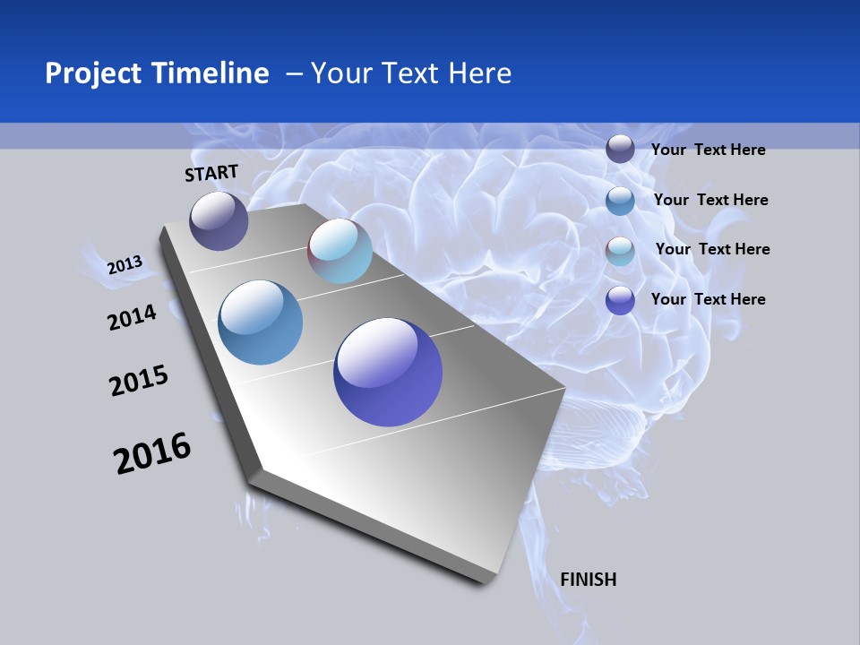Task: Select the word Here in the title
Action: (x=479, y=73)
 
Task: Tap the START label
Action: (x=211, y=173)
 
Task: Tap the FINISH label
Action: (x=589, y=580)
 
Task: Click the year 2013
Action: (x=125, y=265)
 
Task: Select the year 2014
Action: (x=133, y=317)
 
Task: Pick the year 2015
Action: (x=139, y=381)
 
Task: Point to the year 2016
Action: (x=152, y=453)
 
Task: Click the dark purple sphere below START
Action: (x=219, y=221)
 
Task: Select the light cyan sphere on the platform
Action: (x=340, y=252)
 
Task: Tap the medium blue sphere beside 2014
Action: (x=260, y=322)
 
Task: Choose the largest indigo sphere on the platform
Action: (x=388, y=372)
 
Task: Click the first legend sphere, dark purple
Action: (x=620, y=150)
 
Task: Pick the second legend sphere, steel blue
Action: (x=620, y=201)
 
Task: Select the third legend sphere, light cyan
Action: (x=620, y=251)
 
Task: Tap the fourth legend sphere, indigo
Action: (x=620, y=300)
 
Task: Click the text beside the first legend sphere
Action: (x=708, y=150)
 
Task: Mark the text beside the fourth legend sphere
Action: (x=708, y=299)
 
